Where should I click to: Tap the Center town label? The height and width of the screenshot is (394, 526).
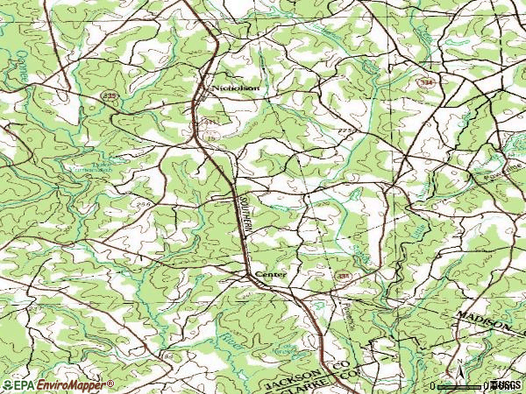[x=270, y=276]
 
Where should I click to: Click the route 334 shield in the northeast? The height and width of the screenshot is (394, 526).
[x=425, y=80]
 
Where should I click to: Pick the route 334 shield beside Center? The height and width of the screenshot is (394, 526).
[x=342, y=276]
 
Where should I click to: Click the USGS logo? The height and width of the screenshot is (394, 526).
[x=507, y=384]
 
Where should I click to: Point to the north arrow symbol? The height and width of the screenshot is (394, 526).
[x=458, y=363]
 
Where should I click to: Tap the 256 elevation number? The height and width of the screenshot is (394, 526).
[x=144, y=204]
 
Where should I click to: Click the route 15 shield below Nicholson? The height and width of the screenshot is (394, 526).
[x=211, y=137]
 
